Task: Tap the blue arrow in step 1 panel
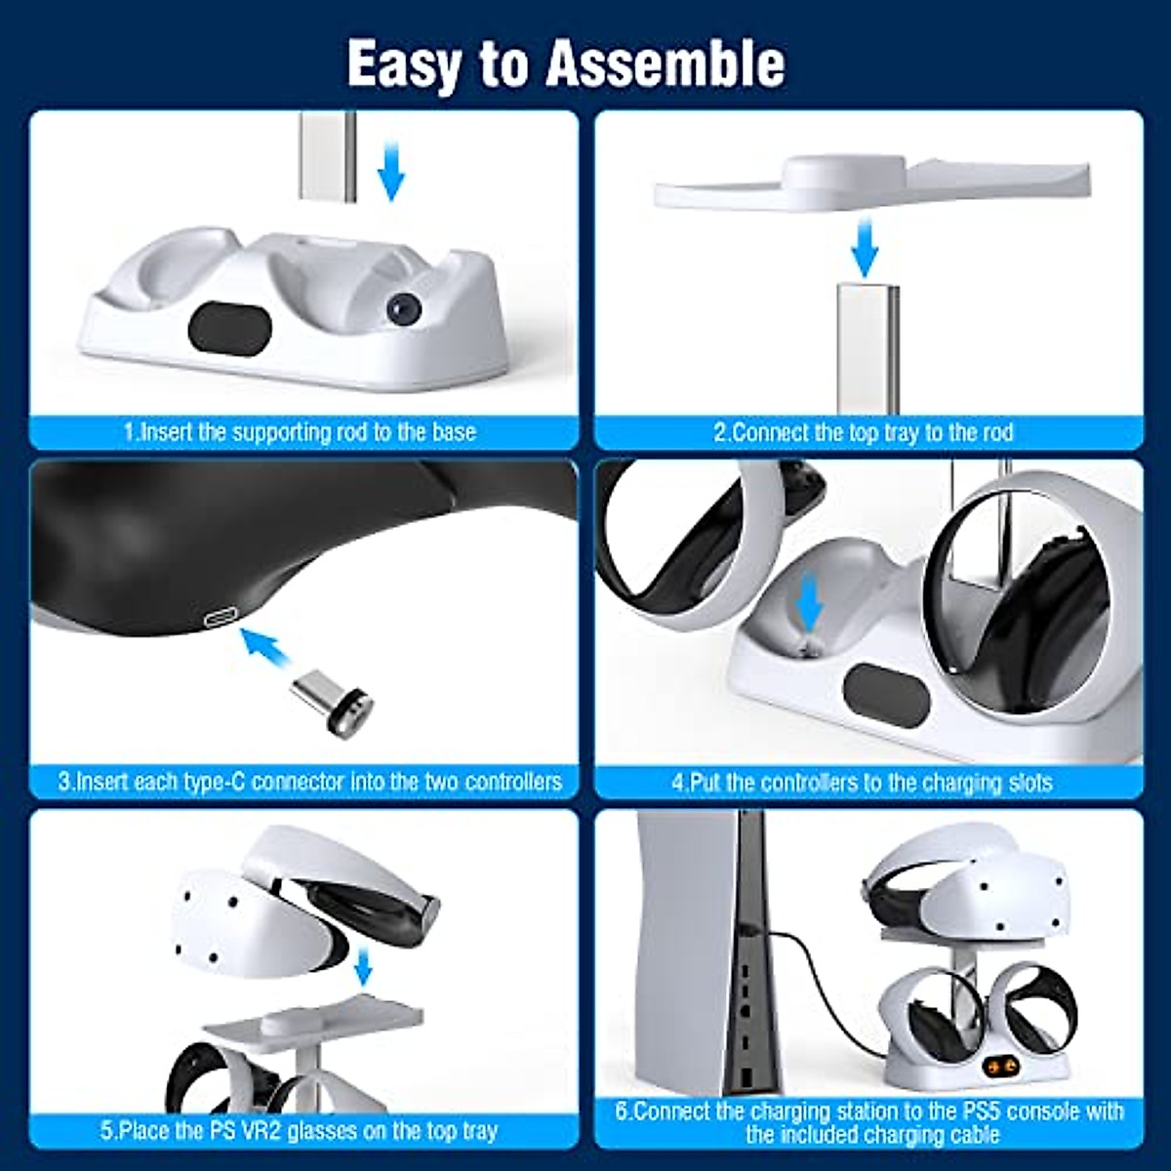pos(390,170)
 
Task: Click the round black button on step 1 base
pos(401,309)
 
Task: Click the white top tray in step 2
pos(868,185)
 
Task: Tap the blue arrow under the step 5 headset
pos(364,968)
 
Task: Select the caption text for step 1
pos(301,431)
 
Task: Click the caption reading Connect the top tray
pos(864,432)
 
